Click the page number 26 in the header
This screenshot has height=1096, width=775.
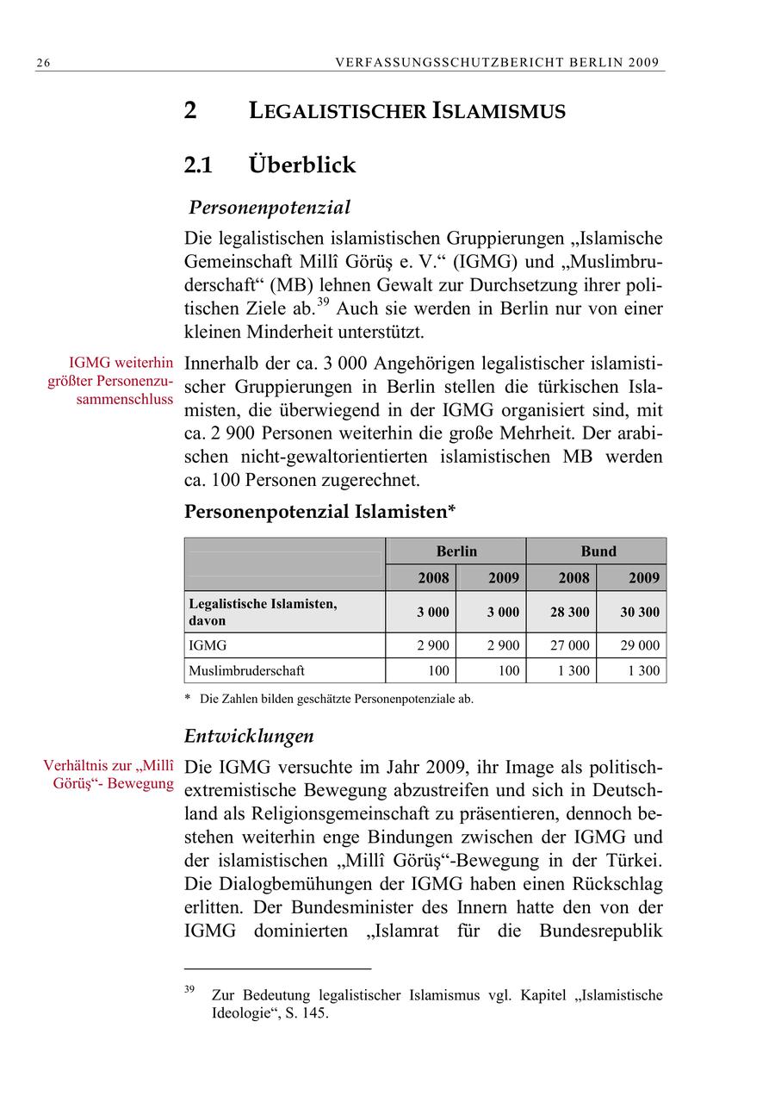coord(42,62)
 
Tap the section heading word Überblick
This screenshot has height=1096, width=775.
coord(301,165)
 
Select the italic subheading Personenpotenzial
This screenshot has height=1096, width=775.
coord(270,208)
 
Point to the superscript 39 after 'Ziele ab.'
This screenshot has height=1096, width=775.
coord(323,302)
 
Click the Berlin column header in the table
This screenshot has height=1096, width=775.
coord(456,551)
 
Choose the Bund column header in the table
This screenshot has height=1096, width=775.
coord(597,551)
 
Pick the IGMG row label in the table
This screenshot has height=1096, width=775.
coord(208,645)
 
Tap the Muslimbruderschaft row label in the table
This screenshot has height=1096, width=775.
coord(246,670)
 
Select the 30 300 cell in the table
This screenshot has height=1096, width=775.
coord(640,613)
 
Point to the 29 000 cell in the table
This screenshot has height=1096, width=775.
coord(640,645)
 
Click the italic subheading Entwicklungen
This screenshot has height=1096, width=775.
coord(249,737)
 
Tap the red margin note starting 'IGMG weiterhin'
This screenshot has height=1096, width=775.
coord(111,381)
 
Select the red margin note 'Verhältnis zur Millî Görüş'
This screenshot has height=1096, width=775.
coord(109,775)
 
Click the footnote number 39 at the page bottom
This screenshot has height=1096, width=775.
coord(189,990)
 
